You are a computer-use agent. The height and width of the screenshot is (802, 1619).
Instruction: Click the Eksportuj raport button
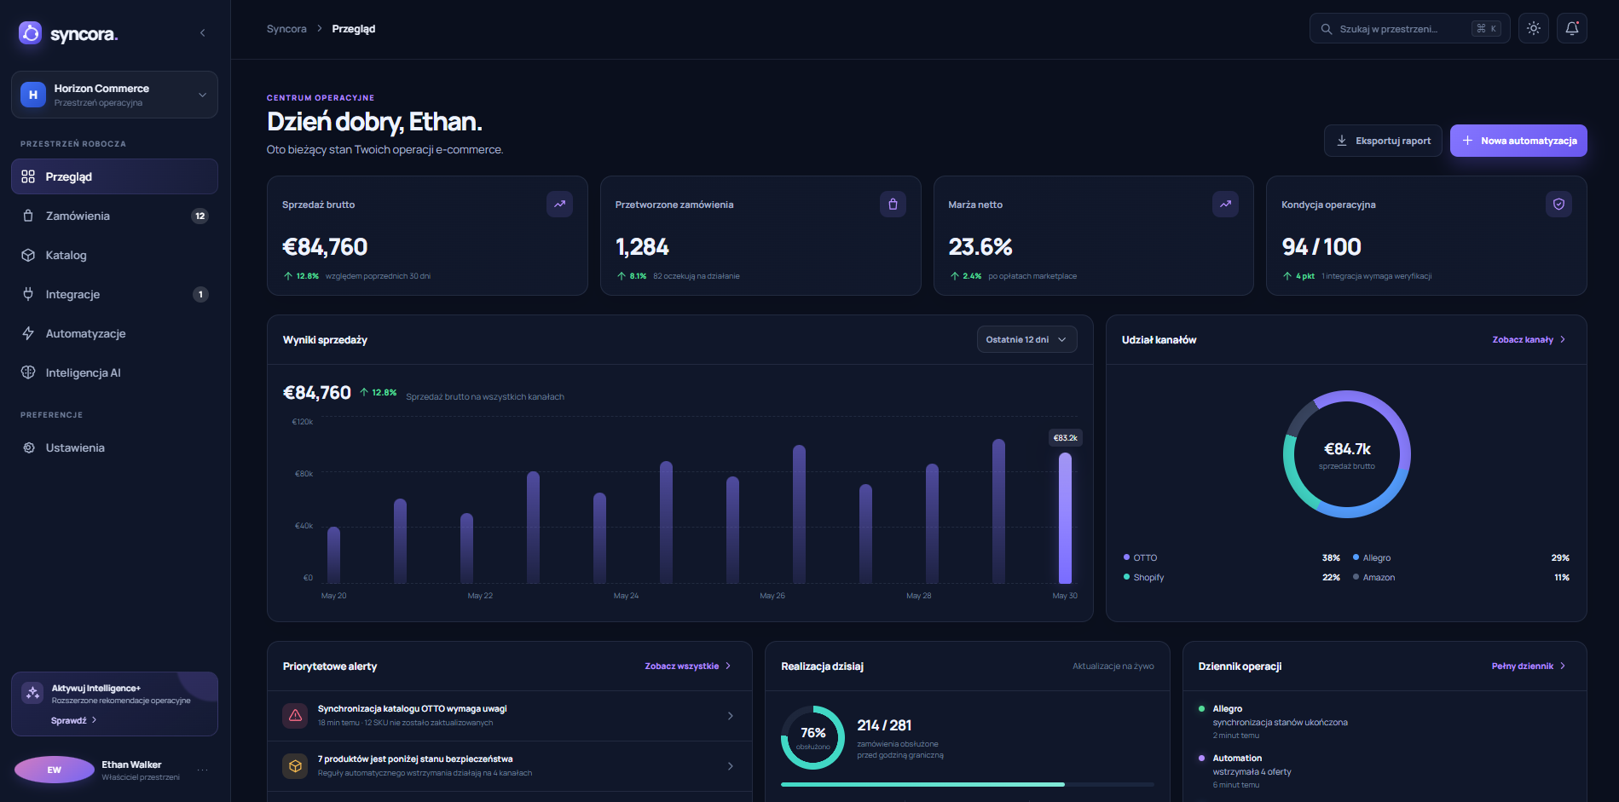pyautogui.click(x=1383, y=141)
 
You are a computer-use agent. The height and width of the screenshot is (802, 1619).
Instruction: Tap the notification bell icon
pyautogui.click(x=1572, y=28)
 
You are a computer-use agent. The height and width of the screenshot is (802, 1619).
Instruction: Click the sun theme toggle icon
pyautogui.click(x=1534, y=28)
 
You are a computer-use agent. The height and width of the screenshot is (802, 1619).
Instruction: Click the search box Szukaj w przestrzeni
pyautogui.click(x=1409, y=28)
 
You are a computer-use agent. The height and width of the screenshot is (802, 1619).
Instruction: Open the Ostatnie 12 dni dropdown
pyautogui.click(x=1026, y=339)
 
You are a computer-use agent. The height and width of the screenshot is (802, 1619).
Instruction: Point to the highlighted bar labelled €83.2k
pyautogui.click(x=1065, y=517)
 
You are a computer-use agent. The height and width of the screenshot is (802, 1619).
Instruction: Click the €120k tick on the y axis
pyautogui.click(x=303, y=422)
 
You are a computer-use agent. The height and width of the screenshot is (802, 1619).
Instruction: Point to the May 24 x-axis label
pyautogui.click(x=626, y=596)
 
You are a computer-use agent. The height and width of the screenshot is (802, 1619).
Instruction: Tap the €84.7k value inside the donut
pyautogui.click(x=1347, y=449)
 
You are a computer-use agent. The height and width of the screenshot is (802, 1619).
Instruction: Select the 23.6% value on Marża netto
pyautogui.click(x=980, y=247)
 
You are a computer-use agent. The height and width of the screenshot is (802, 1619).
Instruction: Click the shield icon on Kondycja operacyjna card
pyautogui.click(x=1558, y=204)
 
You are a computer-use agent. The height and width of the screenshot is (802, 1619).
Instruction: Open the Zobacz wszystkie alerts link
pyautogui.click(x=688, y=666)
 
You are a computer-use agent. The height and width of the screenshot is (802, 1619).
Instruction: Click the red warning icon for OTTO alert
pyautogui.click(x=295, y=715)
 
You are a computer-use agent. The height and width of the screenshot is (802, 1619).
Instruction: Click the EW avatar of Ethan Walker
pyautogui.click(x=55, y=770)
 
